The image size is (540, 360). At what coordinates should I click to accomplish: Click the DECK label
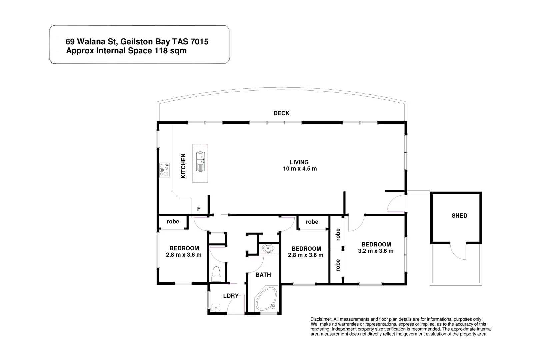pyautogui.click(x=281, y=113)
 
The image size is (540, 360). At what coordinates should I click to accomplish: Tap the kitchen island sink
pyautogui.click(x=200, y=162)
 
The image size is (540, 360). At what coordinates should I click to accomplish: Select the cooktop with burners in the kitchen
pyautogui.click(x=164, y=170)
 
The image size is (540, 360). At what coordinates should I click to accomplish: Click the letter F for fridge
pyautogui.click(x=199, y=209)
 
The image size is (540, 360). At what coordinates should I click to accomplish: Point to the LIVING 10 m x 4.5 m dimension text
pyautogui.click(x=300, y=169)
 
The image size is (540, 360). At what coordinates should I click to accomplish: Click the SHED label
pyautogui.click(x=459, y=216)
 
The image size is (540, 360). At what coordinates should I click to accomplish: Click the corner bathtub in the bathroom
pyautogui.click(x=266, y=298)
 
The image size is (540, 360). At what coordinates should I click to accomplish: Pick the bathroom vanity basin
pyautogui.click(x=268, y=248)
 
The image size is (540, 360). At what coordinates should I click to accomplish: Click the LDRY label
pyautogui.click(x=231, y=296)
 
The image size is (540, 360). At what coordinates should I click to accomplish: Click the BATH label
pyautogui.click(x=263, y=275)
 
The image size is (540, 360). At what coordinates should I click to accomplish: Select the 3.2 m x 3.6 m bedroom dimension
pyautogui.click(x=376, y=251)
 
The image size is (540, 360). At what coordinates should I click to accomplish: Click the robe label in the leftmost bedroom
pyautogui.click(x=173, y=222)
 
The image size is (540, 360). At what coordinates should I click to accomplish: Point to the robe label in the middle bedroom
pyautogui.click(x=312, y=222)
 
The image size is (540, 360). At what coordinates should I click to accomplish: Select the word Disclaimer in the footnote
pyautogui.click(x=321, y=319)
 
